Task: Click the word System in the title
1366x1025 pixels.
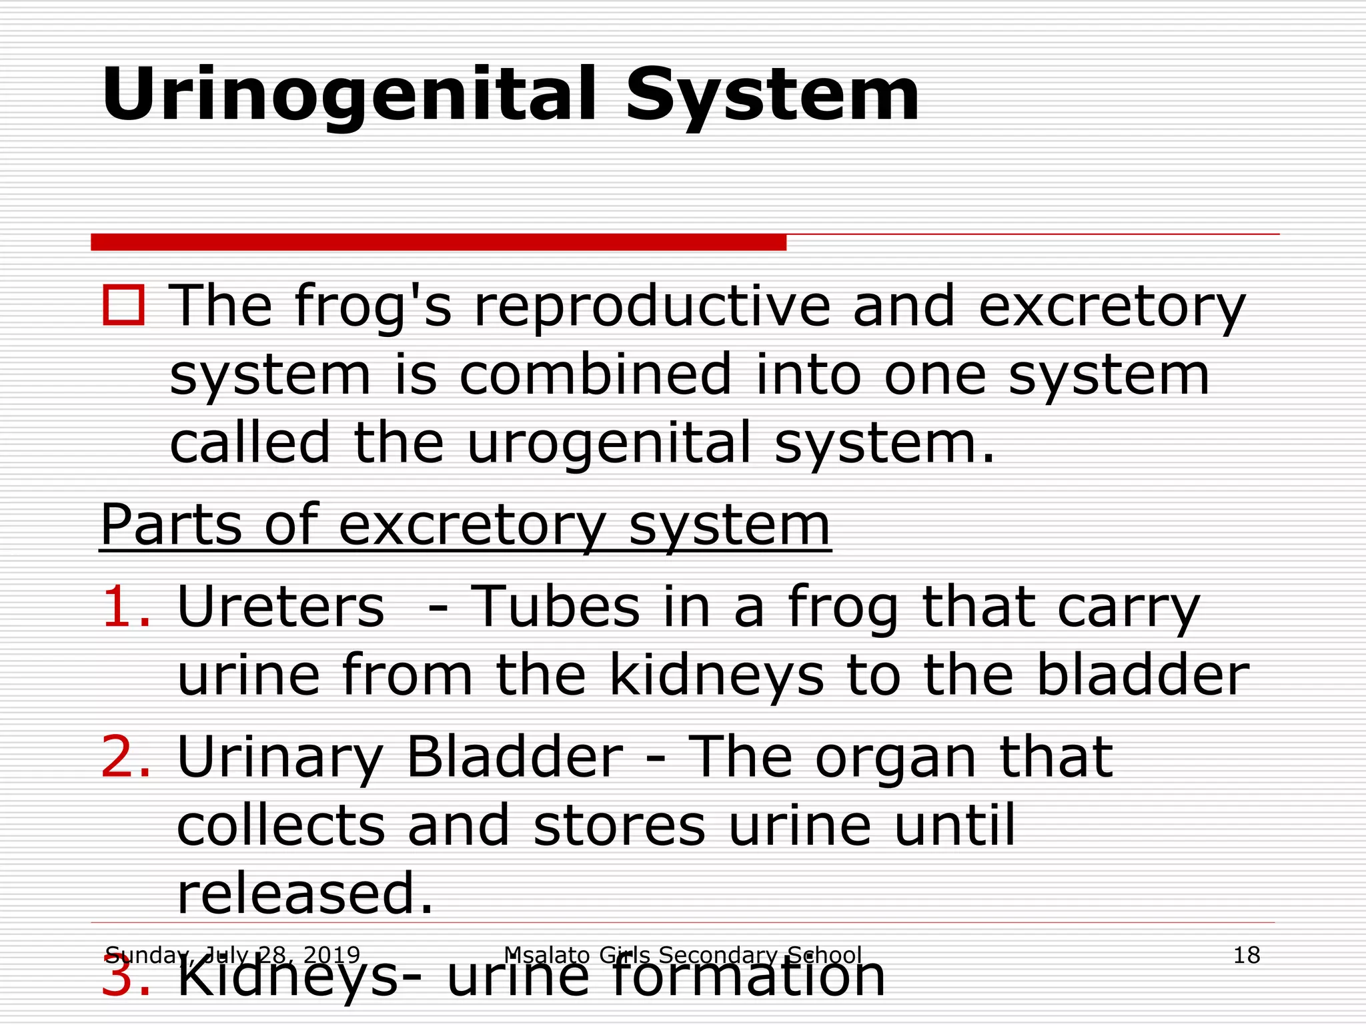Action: [772, 95]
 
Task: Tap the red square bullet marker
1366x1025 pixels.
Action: [123, 306]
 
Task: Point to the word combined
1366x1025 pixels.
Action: [595, 374]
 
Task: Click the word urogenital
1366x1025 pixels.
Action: [608, 442]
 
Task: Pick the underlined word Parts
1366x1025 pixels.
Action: [171, 525]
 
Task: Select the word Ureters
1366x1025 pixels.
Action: [281, 607]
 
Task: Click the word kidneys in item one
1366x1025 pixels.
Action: [716, 675]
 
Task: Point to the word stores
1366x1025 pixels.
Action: [619, 825]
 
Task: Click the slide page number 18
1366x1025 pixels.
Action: [1246, 955]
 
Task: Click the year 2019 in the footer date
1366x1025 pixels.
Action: [331, 955]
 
